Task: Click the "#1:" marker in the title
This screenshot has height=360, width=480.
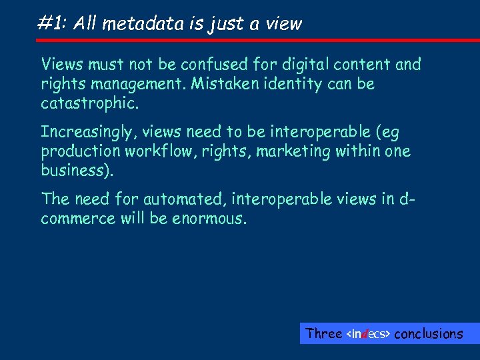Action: point(53,24)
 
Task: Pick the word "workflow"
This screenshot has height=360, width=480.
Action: point(155,151)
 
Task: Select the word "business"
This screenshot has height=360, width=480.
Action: point(75,171)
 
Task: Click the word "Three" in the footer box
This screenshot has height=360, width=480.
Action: point(323,333)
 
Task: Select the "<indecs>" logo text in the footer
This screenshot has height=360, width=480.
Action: point(369,333)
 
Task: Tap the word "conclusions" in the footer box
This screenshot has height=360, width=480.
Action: point(428,333)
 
